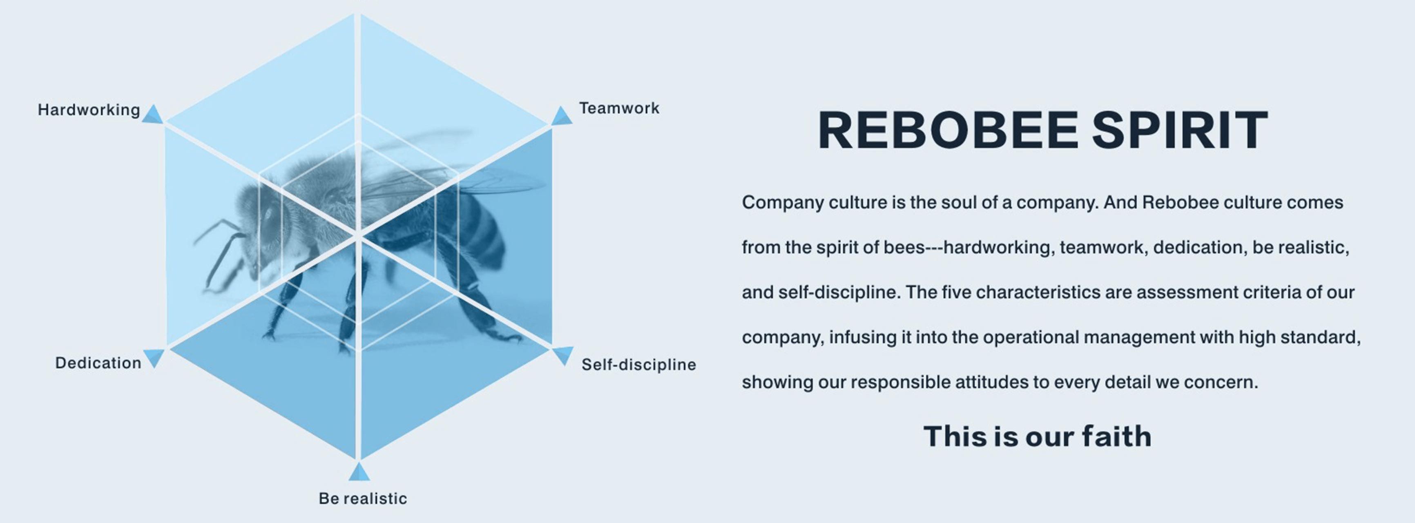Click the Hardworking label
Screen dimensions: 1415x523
[89, 110]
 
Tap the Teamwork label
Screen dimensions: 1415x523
[619, 108]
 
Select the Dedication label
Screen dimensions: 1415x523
[98, 363]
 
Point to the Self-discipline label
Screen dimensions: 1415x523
[639, 364]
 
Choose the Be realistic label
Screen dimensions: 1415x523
[363, 498]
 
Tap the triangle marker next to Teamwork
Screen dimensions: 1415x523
[561, 116]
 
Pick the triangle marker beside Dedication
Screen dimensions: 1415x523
[154, 357]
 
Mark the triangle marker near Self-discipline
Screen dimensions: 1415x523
[563, 355]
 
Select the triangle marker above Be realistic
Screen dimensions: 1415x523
[359, 472]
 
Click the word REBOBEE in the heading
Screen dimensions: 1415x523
[948, 130]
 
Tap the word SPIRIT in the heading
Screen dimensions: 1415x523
[1180, 130]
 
